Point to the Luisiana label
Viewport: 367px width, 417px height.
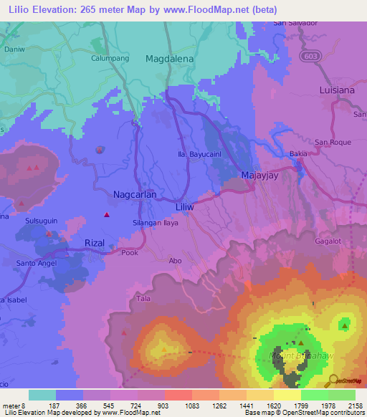coord(338,90)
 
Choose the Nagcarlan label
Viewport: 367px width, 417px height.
coord(135,194)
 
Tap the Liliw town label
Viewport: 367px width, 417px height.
coord(186,206)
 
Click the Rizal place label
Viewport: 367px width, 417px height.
coord(95,243)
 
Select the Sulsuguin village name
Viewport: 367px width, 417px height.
coord(41,223)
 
